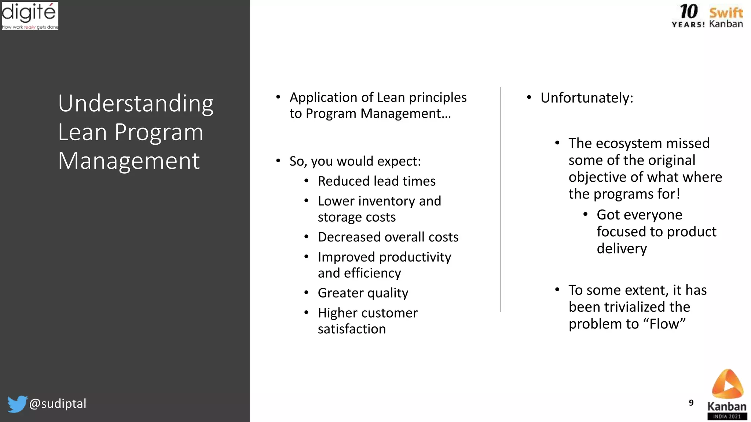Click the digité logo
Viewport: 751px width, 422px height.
pos(30,16)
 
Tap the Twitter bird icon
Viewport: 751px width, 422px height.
pos(17,404)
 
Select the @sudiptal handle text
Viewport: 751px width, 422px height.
pos(58,403)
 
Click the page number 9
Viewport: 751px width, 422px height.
pos(691,403)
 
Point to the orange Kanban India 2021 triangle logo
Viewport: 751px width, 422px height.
pos(728,384)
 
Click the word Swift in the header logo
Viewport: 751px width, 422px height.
pos(726,13)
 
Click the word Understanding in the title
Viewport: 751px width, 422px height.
pos(136,103)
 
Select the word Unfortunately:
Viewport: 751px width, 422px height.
pos(587,98)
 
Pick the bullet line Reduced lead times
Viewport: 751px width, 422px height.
pos(377,181)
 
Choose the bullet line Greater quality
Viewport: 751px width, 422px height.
pos(363,293)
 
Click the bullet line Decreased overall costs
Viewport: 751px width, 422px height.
pos(388,237)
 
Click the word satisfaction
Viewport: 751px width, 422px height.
pos(352,329)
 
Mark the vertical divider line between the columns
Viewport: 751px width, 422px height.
pos(501,200)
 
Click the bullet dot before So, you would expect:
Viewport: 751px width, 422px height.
pos(278,160)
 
